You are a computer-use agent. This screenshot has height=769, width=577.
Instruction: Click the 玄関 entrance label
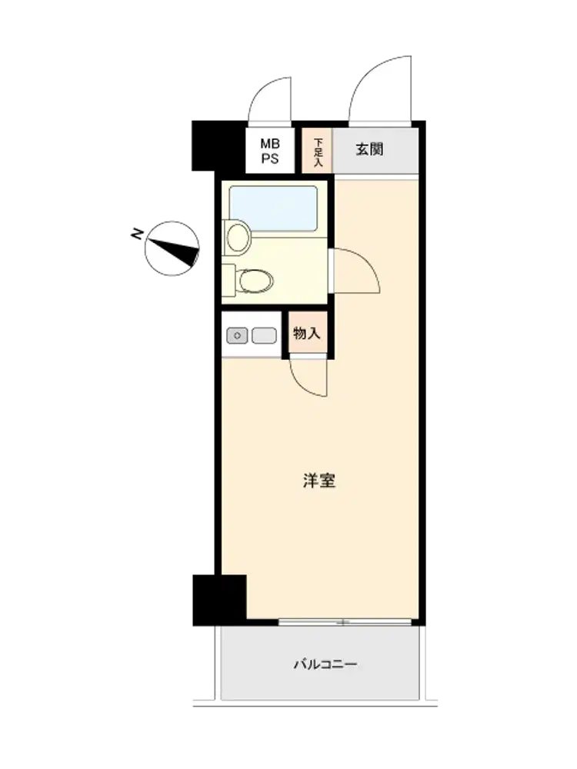point(369,149)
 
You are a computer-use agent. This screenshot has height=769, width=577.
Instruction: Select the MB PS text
point(270,151)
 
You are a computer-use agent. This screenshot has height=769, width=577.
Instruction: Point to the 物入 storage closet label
point(307,334)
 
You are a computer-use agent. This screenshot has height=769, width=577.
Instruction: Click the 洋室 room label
point(319,481)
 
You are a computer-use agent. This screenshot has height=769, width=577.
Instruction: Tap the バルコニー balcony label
point(325,664)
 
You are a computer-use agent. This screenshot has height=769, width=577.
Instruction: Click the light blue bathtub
point(273,208)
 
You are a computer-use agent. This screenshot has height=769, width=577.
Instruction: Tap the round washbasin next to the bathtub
point(238,236)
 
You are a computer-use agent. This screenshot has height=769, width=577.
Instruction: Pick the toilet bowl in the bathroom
point(255,281)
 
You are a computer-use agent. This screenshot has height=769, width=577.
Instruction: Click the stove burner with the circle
point(237,336)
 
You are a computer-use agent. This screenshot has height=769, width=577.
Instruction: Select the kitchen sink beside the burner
point(264,336)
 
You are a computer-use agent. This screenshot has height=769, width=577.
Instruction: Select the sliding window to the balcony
point(345,622)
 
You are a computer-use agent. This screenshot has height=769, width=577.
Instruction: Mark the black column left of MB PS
point(218,145)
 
